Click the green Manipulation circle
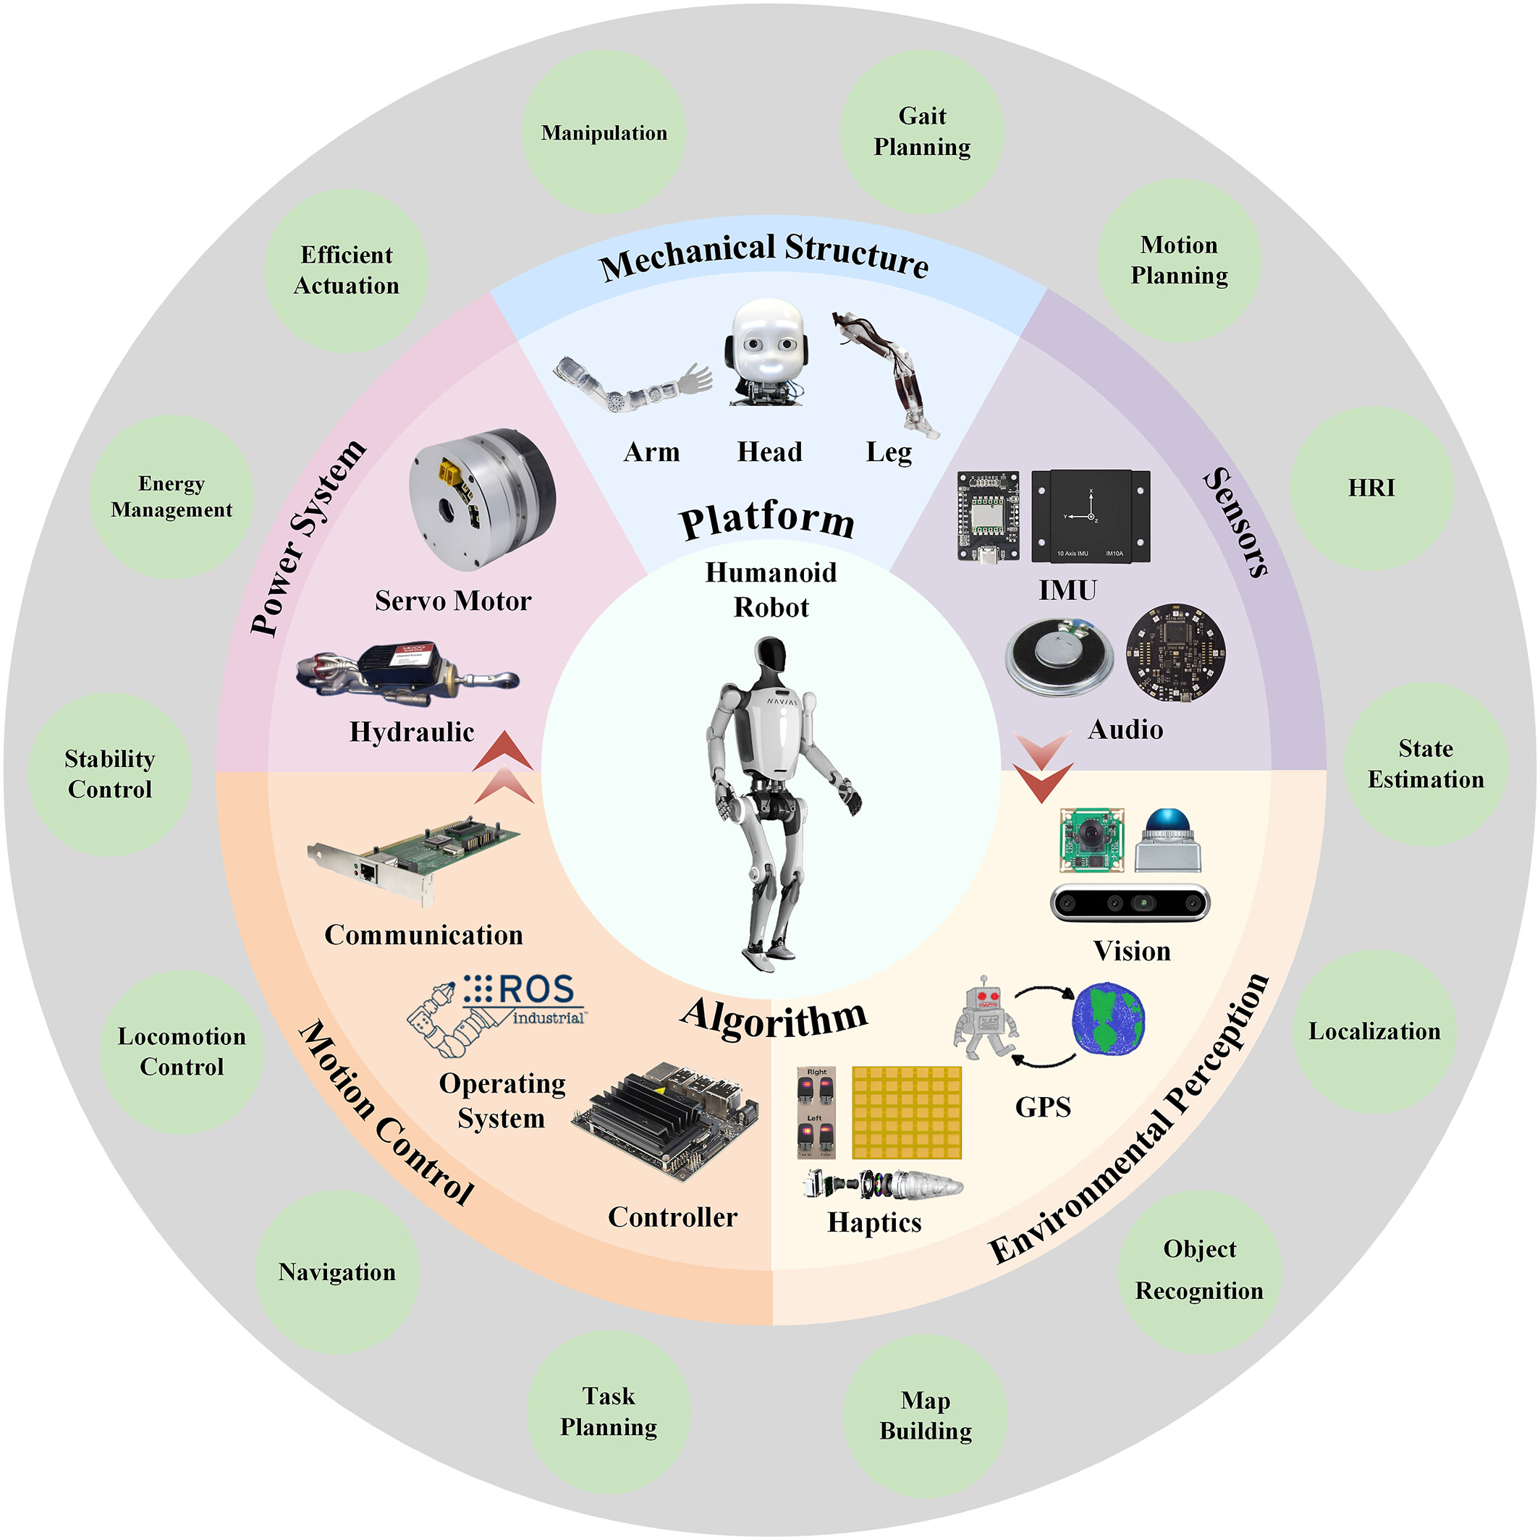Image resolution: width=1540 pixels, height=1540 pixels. [x=604, y=132]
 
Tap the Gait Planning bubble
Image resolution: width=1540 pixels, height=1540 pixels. [x=921, y=132]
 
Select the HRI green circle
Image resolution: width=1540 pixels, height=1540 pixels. [x=1371, y=488]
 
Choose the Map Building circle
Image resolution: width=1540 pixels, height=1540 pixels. [x=925, y=1415]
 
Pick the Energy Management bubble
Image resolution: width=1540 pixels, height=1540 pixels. [x=172, y=496]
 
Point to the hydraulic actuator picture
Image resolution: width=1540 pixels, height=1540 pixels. [x=407, y=673]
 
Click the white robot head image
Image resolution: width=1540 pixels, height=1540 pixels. [x=767, y=351]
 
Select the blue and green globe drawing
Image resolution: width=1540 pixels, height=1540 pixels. [x=1108, y=1020]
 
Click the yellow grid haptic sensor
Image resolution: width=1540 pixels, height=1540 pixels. [x=906, y=1112]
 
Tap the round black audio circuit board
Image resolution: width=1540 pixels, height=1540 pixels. [x=1175, y=652]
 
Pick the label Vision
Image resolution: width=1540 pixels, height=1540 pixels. [x=1131, y=951]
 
